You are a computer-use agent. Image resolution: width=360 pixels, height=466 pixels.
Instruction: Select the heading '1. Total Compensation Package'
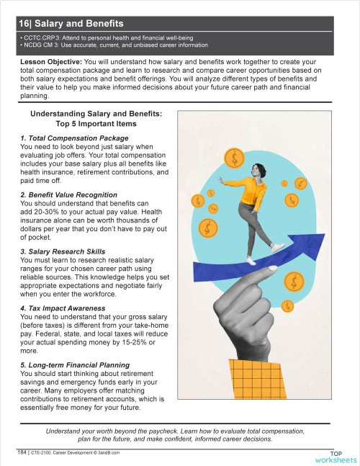(74, 138)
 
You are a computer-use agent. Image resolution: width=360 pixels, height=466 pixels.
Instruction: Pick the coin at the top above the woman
(234, 157)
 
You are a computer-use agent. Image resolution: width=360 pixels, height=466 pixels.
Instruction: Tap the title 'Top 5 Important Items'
(96, 123)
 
